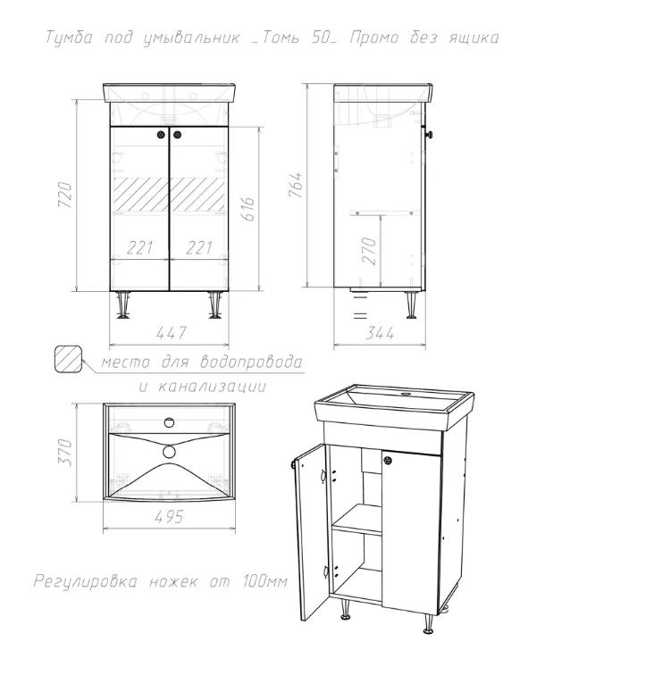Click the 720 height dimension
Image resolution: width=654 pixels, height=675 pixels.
tap(65, 195)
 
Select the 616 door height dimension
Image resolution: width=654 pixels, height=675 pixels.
tap(247, 209)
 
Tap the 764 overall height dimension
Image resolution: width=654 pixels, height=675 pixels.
tap(296, 185)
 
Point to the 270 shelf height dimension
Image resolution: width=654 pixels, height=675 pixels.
tap(369, 251)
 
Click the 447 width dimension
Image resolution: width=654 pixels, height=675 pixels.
tap(171, 333)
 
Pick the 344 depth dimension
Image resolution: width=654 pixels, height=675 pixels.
tap(380, 333)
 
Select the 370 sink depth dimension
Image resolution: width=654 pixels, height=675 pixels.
tap(65, 452)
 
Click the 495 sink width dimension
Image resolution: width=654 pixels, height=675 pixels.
tap(169, 517)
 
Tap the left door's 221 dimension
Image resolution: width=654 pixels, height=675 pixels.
tap(139, 247)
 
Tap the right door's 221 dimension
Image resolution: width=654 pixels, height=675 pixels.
tap(199, 247)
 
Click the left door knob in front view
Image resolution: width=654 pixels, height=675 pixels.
tap(161, 135)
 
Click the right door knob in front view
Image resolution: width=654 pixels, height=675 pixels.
tap(177, 135)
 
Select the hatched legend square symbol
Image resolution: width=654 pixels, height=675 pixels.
tap(68, 359)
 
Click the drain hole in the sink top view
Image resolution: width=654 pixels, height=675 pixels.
tap(170, 451)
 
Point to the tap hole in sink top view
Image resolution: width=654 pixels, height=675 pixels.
tap(170, 422)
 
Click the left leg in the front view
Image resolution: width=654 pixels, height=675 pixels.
tap(124, 304)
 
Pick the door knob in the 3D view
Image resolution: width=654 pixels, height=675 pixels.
tap(388, 460)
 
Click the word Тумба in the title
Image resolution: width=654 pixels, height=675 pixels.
tap(69, 37)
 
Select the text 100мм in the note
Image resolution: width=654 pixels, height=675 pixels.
tap(265, 581)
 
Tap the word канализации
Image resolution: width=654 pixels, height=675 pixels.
tap(213, 386)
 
